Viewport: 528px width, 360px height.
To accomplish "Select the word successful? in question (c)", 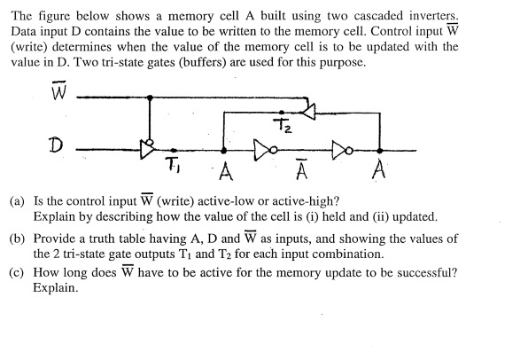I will pyautogui.click(x=423, y=274).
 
